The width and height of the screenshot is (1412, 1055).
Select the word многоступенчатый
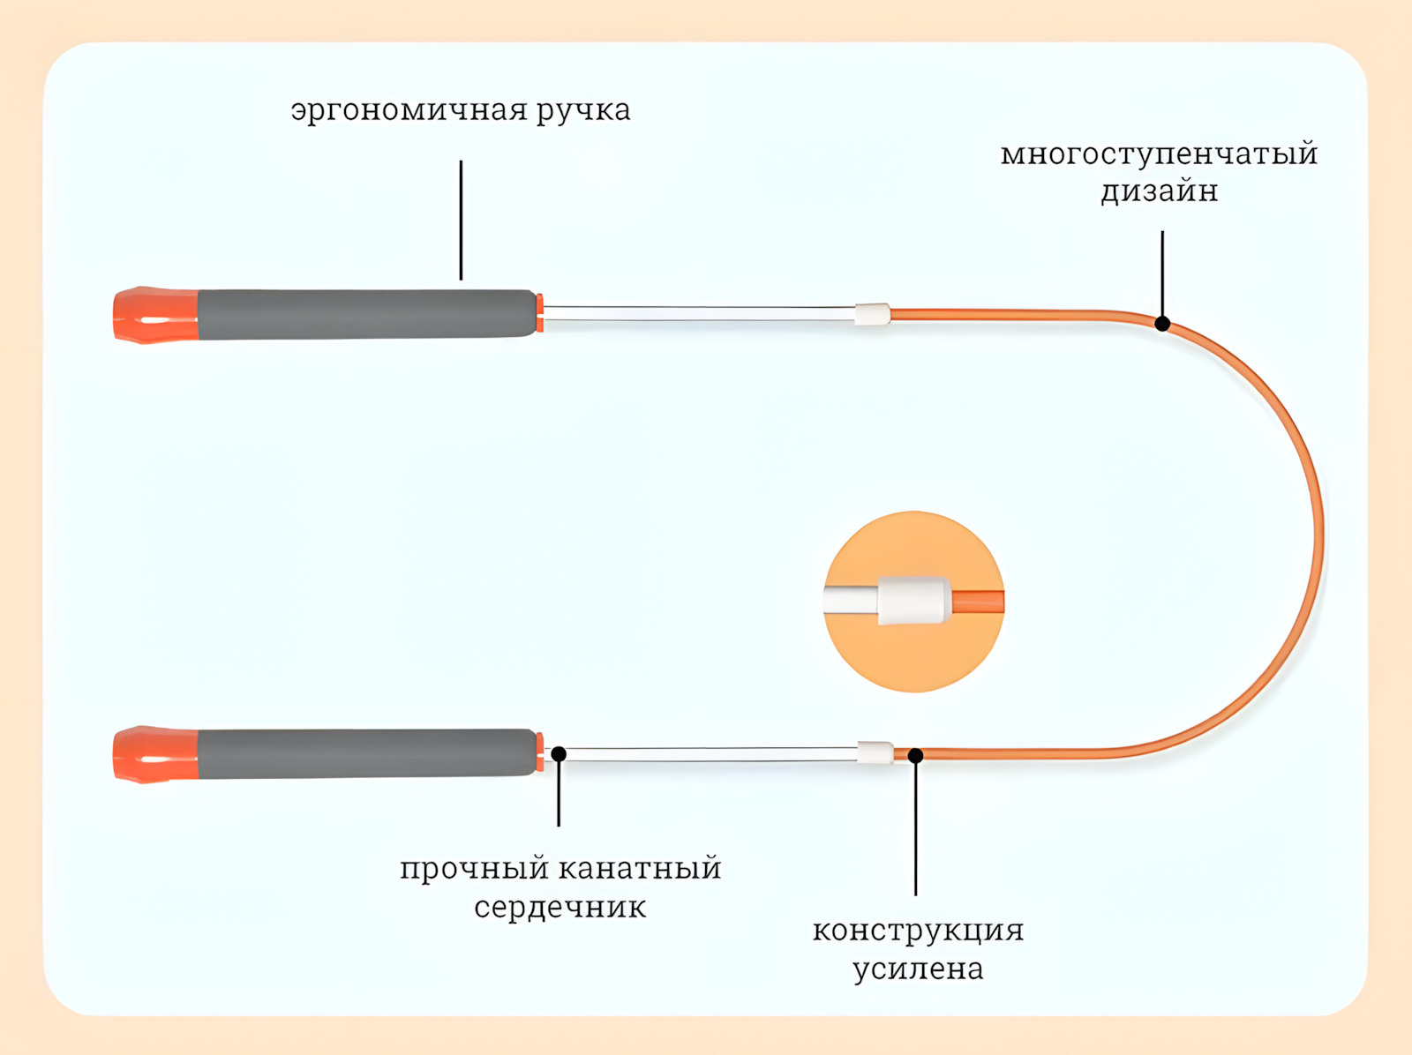1159,154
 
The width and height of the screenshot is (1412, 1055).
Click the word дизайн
1159,191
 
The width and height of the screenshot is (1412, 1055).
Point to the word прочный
475,869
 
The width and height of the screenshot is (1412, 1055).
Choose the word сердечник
560,908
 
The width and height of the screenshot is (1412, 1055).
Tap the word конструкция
918,931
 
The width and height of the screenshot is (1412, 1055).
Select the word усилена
918,969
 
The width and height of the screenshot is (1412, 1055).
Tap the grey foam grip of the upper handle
366,314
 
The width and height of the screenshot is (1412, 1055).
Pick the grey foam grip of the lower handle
366,753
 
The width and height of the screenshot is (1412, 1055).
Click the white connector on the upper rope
872,314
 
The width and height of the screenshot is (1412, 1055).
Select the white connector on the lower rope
875,752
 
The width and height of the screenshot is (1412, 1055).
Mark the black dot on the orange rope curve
1162,324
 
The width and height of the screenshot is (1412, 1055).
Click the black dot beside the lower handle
559,754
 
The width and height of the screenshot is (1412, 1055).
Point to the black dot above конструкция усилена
916,756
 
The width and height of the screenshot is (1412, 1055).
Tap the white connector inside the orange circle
914,601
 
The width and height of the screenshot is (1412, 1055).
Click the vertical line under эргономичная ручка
461,221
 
